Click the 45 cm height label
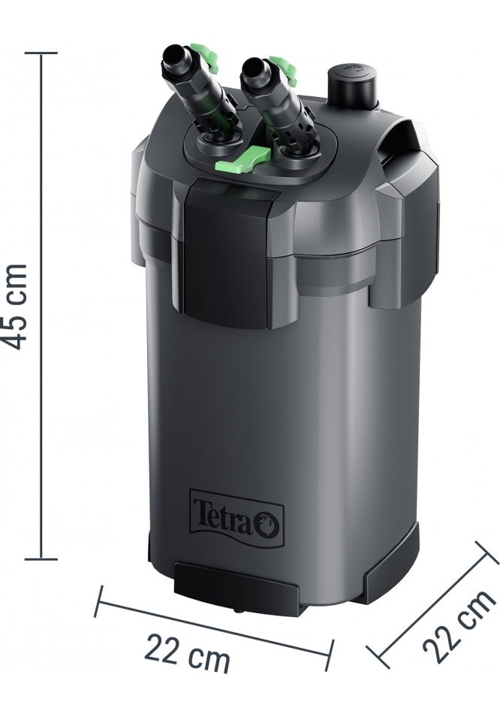point(17,306)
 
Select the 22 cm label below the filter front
point(188,652)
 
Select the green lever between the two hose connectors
point(242,158)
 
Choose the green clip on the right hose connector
point(284,68)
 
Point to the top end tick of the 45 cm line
point(41,53)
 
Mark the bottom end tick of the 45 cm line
point(41,558)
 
